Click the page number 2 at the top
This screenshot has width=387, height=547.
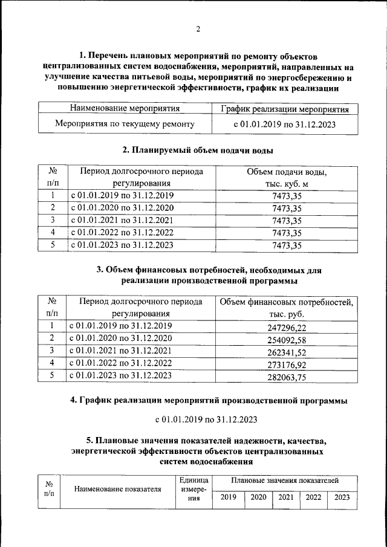[197, 28]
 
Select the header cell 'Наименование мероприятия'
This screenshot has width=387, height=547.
[125, 109]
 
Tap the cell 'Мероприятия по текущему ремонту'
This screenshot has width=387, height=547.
[125, 125]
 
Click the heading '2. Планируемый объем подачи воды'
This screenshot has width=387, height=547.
[198, 150]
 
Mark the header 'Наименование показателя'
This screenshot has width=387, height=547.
[118, 490]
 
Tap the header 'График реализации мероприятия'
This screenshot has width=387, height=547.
[285, 109]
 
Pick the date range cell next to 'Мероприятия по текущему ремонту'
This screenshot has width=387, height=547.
[285, 125]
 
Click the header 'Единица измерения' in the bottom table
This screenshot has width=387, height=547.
[193, 489]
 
